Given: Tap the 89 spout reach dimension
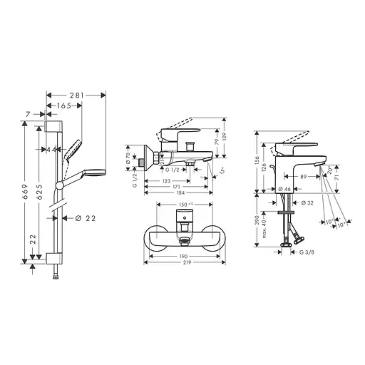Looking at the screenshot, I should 303,176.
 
